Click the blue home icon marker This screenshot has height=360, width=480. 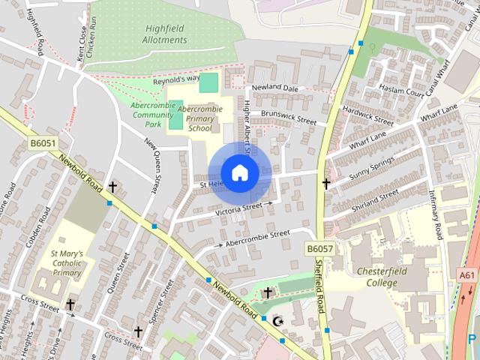click(x=239, y=173)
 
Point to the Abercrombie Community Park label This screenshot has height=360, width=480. click(x=152, y=115)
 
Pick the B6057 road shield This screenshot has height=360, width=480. click(x=319, y=247)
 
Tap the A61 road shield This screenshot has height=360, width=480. click(x=467, y=275)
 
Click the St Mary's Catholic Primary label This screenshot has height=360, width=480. click(x=66, y=264)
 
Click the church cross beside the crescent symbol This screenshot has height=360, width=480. click(x=268, y=292)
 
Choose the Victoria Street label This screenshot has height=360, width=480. click(x=238, y=209)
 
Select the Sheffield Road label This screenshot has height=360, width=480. click(x=321, y=284)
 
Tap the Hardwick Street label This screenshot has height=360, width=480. click(x=367, y=115)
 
